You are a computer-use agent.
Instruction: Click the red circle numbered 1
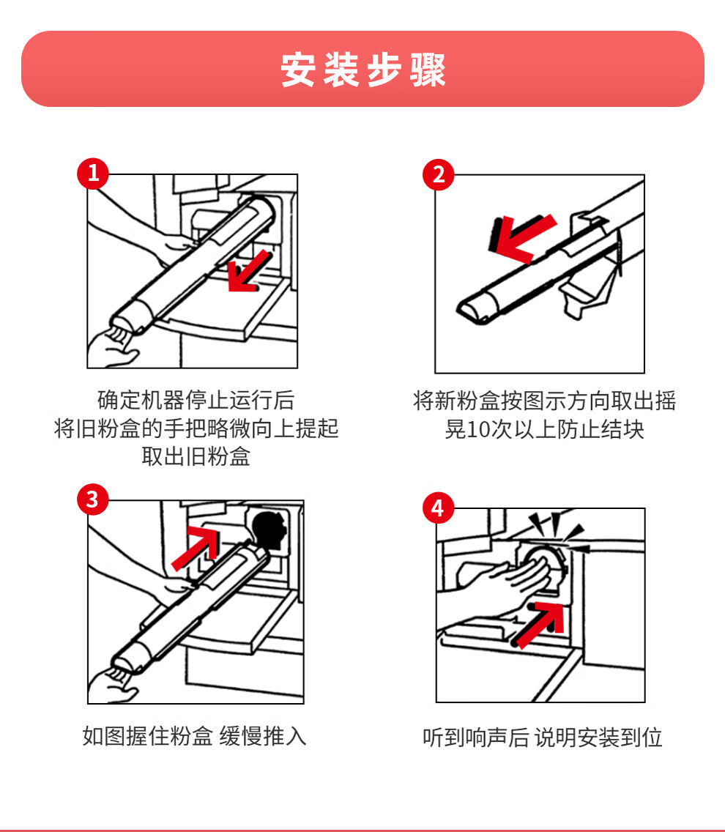click(93, 173)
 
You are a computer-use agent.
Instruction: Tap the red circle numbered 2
click(439, 174)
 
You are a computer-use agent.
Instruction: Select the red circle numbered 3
click(93, 499)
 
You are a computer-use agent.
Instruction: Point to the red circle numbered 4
click(439, 508)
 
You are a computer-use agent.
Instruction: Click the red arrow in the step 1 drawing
click(248, 272)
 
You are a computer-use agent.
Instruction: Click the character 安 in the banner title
click(298, 70)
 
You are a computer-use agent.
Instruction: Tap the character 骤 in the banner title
click(428, 70)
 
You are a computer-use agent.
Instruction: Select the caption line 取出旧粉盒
click(196, 456)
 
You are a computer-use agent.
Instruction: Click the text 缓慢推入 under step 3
click(263, 737)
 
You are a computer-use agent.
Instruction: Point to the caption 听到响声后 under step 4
click(476, 738)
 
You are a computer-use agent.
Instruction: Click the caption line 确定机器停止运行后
click(196, 400)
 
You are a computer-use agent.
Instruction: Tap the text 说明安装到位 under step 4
click(598, 738)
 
